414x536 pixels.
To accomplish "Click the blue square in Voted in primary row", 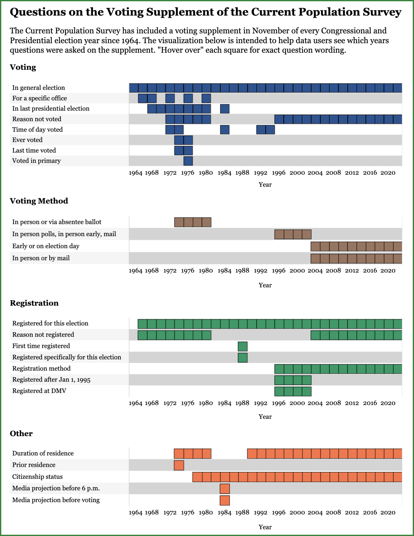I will coord(188,161).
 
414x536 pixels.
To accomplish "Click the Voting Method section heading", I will coord(39,201).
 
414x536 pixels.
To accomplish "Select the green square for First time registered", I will coord(243,346).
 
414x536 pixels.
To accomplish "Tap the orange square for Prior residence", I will coord(179,465).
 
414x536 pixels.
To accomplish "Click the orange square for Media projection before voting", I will coord(224,500).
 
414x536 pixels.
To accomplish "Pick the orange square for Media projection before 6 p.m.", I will coord(224,488).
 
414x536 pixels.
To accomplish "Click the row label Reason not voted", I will coord(37,119).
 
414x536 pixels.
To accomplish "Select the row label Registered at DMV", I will coord(39,391).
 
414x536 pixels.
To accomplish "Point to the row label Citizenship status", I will coord(37,477).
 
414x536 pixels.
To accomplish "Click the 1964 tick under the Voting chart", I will coord(135,173).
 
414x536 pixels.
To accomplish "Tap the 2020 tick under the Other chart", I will coord(388,512).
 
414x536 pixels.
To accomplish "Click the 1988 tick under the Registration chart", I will coord(242,403).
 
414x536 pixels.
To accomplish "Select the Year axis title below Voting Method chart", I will coord(265,285).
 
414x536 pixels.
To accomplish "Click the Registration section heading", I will coord(34,303).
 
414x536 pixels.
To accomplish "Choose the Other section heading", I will coord(21,433).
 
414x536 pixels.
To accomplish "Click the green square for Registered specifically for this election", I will coord(243,358).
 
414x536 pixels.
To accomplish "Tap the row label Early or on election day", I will coord(46,246).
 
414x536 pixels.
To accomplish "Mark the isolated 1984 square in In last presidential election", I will coord(224,109).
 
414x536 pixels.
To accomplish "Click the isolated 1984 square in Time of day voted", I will coord(224,130).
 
